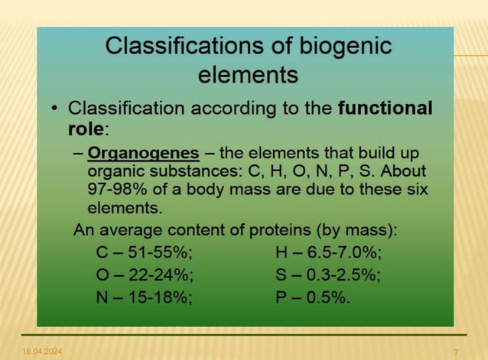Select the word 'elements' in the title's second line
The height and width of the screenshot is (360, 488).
(247, 75)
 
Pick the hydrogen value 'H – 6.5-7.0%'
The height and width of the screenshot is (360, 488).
(328, 252)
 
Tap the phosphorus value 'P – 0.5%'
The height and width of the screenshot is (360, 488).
(313, 297)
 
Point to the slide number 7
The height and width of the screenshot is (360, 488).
(456, 351)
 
